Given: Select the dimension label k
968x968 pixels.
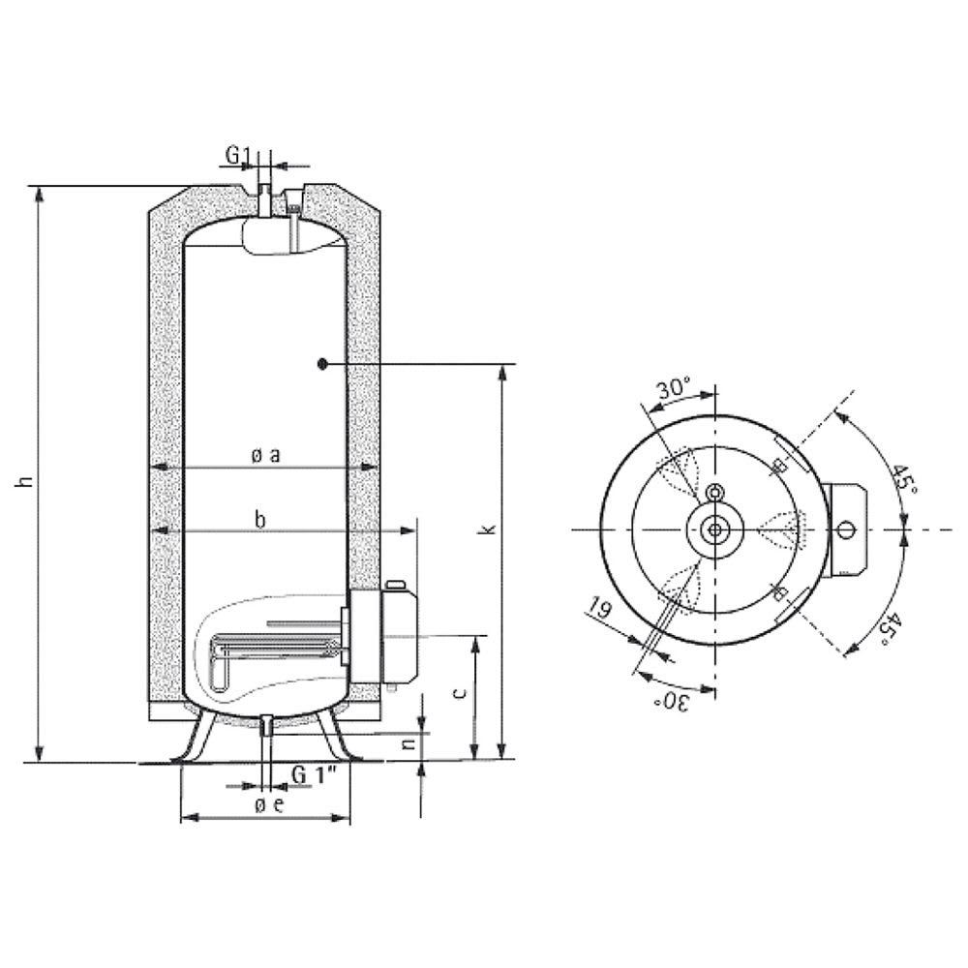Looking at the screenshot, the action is (x=490, y=529).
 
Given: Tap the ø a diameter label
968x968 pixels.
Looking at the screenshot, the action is (x=266, y=456).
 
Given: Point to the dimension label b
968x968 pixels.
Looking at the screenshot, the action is (x=260, y=520).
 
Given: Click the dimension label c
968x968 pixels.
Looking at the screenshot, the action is (x=459, y=693).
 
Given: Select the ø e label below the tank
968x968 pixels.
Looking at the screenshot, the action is (x=269, y=804).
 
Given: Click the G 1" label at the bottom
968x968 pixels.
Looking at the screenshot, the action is (x=314, y=774).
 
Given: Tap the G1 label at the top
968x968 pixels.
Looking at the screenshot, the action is (x=238, y=155).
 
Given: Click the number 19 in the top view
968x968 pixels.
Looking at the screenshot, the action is (x=598, y=607).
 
